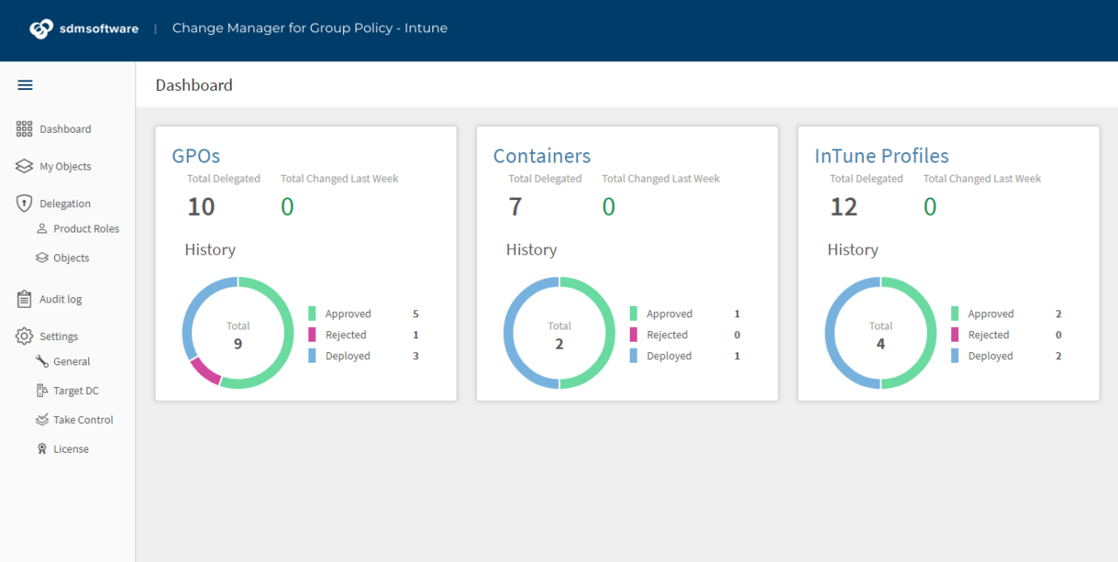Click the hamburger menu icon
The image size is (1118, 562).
[25, 85]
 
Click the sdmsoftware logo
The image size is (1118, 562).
[85, 29]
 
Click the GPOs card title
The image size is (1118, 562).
[196, 156]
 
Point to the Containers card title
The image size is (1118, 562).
[542, 156]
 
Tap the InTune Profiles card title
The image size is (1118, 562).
[881, 156]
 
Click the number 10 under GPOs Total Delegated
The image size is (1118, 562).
[201, 207]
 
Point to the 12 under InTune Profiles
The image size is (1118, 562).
[844, 207]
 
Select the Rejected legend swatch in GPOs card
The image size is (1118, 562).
[312, 335]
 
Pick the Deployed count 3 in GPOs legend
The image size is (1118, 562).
[416, 356]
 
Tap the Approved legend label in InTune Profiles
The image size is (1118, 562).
[990, 314]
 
